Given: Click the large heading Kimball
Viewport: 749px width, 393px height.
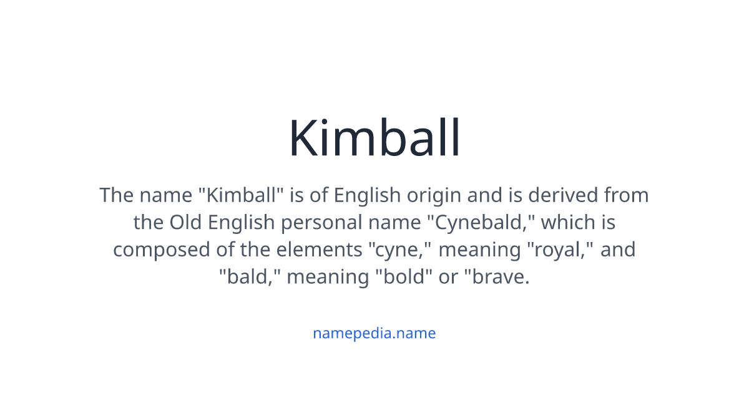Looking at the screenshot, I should pyautogui.click(x=374, y=138).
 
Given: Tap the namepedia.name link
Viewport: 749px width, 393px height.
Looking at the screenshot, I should pyautogui.click(x=374, y=333).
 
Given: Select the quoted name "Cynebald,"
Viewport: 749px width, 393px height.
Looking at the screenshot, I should pyautogui.click(x=487, y=223).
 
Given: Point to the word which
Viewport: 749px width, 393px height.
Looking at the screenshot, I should pyautogui.click(x=565, y=223).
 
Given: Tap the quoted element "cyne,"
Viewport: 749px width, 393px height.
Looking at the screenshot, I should pyautogui.click(x=399, y=250).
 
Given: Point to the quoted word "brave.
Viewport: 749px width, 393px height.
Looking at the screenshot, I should pyautogui.click(x=496, y=277).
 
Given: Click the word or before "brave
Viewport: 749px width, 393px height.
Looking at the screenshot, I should pyautogui.click(x=448, y=277).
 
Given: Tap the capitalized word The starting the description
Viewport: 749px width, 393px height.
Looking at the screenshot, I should pyautogui.click(x=117, y=195).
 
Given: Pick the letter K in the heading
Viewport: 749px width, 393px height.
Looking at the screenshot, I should pyautogui.click(x=304, y=138).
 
